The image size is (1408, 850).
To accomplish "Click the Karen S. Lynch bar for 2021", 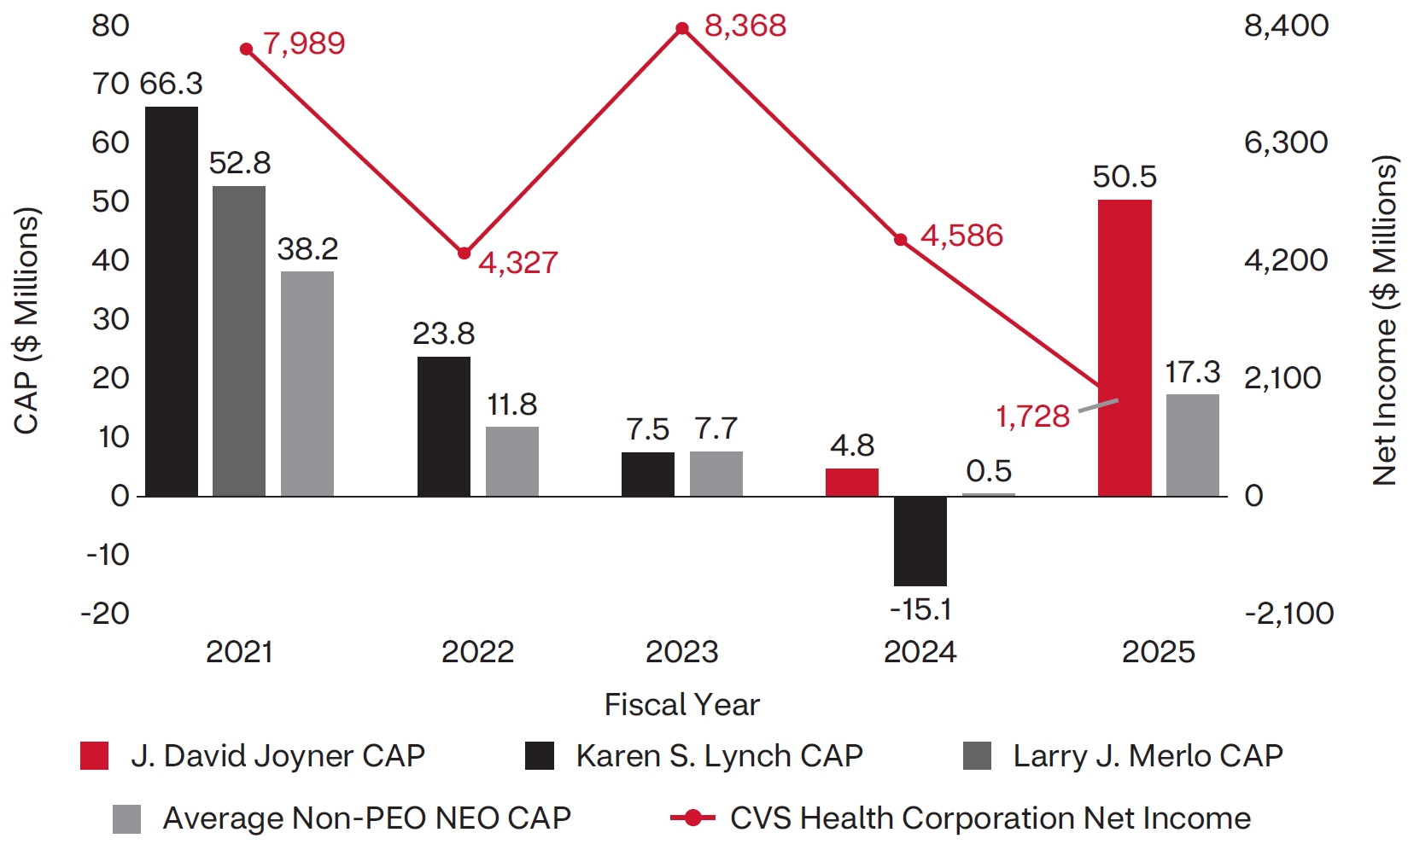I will click(172, 301).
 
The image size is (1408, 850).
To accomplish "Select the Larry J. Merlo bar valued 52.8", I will click(239, 341).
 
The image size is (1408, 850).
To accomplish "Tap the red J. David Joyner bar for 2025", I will click(1125, 347).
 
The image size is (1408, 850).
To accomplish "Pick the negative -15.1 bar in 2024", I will click(920, 541).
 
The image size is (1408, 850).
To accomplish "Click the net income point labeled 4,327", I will click(464, 253).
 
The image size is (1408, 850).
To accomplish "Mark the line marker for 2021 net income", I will click(247, 49).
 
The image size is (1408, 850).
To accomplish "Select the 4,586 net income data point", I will click(901, 240).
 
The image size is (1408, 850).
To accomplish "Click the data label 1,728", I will click(1032, 416).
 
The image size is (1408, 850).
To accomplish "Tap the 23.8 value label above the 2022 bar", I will click(443, 334).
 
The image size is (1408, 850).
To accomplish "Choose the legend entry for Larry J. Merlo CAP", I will click(1147, 756).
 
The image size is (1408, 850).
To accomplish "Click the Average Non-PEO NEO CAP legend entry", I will click(366, 818).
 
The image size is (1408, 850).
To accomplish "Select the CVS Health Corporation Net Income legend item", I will click(990, 818).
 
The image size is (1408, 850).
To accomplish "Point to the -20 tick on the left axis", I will click(105, 614).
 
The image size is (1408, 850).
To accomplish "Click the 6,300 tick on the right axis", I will click(1286, 143).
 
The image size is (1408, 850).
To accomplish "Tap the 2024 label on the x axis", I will click(920, 652).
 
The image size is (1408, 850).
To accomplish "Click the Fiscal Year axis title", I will click(681, 705).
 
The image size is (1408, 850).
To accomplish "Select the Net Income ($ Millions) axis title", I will click(1384, 320).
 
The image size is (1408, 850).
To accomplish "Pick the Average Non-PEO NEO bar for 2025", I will click(1193, 445).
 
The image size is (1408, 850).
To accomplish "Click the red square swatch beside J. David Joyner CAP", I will click(94, 756).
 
